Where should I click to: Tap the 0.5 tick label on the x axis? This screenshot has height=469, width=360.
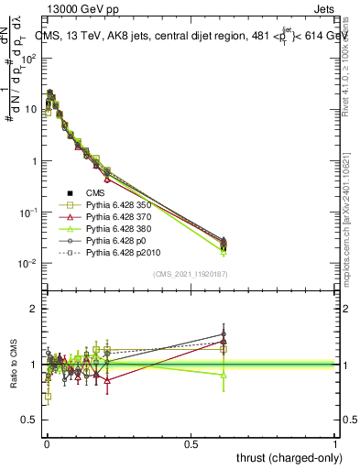click(x=191, y=442)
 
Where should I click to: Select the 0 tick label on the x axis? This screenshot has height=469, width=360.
click(x=47, y=442)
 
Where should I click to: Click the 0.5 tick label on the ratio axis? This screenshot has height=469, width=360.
click(x=30, y=420)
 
